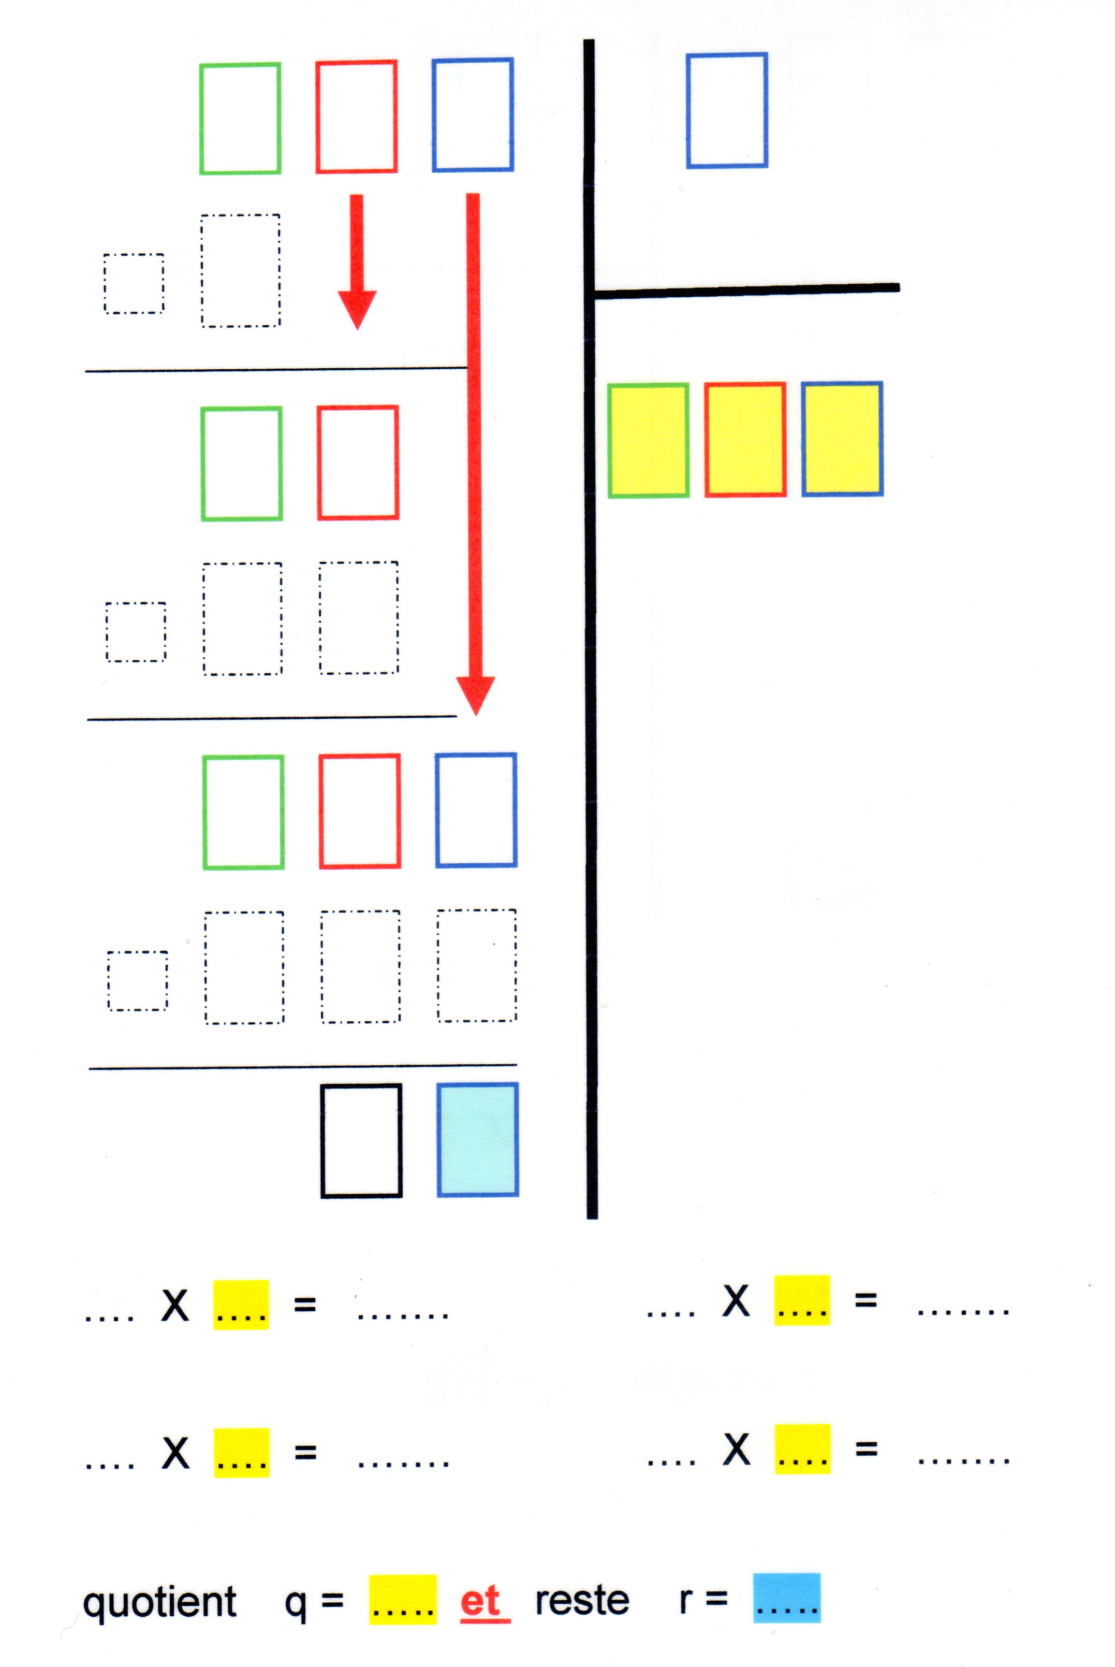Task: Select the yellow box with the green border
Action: pyautogui.click(x=648, y=440)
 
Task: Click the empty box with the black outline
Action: pyautogui.click(x=361, y=1141)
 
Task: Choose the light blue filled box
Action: pyautogui.click(x=478, y=1139)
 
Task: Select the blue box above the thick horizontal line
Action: pyautogui.click(x=727, y=110)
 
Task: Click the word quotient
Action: pyautogui.click(x=159, y=1602)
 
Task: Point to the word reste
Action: pyautogui.click(x=582, y=1600)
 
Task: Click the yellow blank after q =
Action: pyautogui.click(x=403, y=1600)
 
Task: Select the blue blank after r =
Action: pyautogui.click(x=786, y=1598)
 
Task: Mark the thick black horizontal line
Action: pyautogui.click(x=746, y=290)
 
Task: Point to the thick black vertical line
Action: pyautogui.click(x=590, y=711)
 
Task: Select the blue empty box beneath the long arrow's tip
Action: pyautogui.click(x=476, y=810)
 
